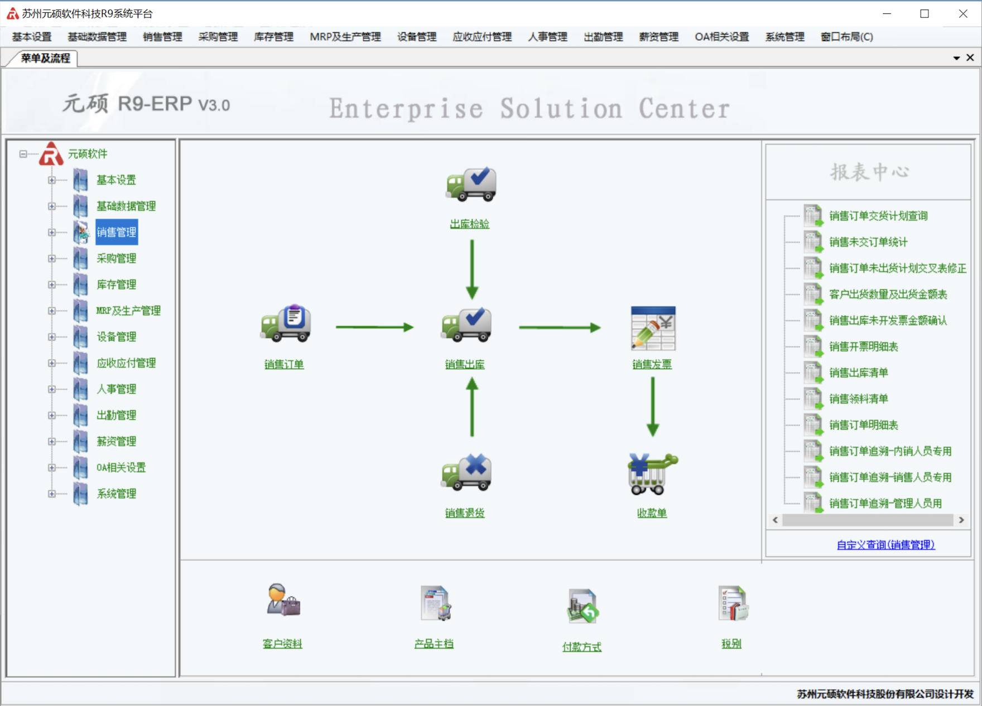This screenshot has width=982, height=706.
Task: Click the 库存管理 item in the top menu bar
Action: click(x=273, y=37)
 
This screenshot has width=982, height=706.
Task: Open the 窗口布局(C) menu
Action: click(x=846, y=37)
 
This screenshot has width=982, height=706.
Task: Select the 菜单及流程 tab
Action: click(x=45, y=58)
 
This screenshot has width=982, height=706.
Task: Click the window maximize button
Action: click(x=925, y=14)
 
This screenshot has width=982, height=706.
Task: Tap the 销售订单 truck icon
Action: click(x=286, y=323)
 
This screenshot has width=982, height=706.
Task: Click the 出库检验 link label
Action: click(x=470, y=224)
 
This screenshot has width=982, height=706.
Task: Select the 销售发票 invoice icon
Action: click(x=653, y=328)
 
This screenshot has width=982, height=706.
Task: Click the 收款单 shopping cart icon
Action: click(x=652, y=474)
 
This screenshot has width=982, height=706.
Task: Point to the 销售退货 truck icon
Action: click(x=466, y=472)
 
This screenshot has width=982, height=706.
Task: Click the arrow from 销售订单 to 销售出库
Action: click(x=374, y=327)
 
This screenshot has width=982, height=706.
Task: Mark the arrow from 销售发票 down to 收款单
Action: click(x=653, y=406)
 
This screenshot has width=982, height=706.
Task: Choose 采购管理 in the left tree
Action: click(x=116, y=258)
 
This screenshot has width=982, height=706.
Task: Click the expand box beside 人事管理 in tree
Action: click(x=52, y=389)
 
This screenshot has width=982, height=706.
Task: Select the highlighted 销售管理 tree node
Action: click(x=116, y=233)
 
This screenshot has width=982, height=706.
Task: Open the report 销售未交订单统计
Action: click(x=868, y=242)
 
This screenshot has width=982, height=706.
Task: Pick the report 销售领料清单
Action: click(x=858, y=399)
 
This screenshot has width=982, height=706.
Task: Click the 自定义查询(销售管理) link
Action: click(x=885, y=545)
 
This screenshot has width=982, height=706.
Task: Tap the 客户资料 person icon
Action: click(x=283, y=601)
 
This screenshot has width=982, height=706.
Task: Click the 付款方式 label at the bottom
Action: click(x=582, y=647)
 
